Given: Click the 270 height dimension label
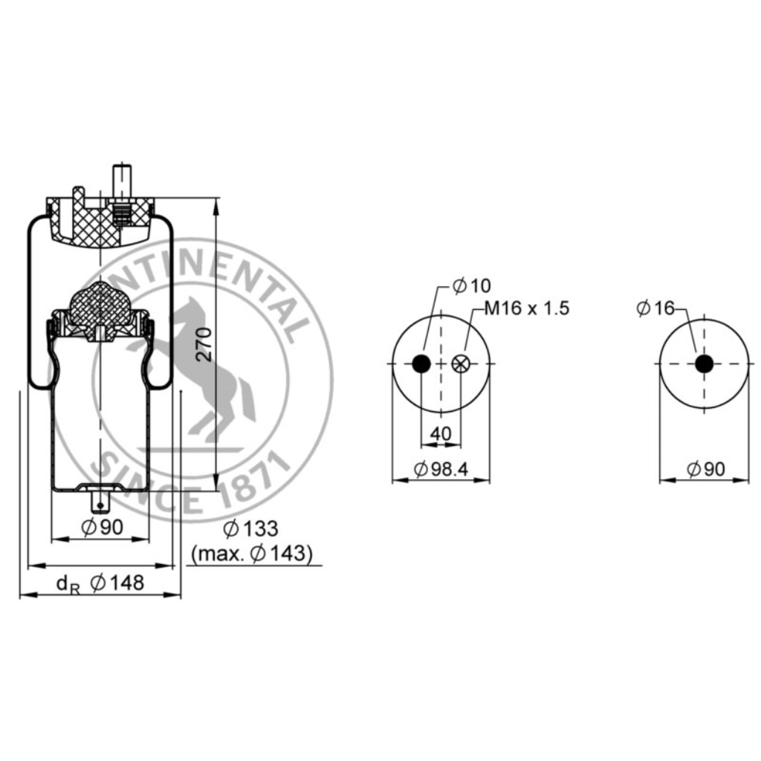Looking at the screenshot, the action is [x=205, y=345].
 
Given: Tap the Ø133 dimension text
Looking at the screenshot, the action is [x=250, y=528].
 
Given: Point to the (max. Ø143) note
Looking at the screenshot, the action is [x=251, y=554].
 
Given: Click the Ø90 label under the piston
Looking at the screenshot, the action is [x=103, y=527].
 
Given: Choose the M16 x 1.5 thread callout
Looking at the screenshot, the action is [x=527, y=308].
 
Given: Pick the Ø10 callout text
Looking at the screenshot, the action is [x=471, y=286].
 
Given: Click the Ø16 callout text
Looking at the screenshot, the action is [x=655, y=308].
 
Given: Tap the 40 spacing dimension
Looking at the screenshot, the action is [x=441, y=433].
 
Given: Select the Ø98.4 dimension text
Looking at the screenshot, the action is [x=441, y=469].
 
